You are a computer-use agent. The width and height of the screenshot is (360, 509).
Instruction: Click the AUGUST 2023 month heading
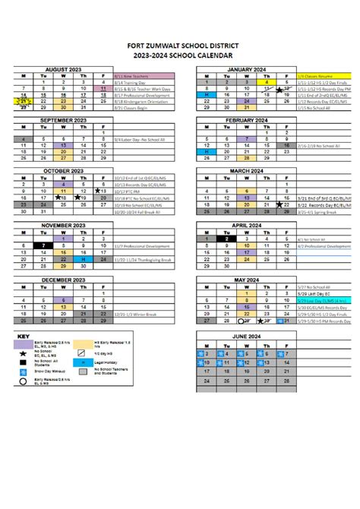pyautogui.click(x=62, y=69)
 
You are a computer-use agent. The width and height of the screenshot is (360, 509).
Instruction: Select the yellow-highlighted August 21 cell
pyautogui.click(x=24, y=100)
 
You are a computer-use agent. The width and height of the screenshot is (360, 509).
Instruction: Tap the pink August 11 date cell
pyautogui.click(x=103, y=88)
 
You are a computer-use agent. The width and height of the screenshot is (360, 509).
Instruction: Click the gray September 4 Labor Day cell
pyautogui.click(x=24, y=139)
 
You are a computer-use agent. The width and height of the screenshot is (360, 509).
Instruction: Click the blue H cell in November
pyautogui.click(x=83, y=258)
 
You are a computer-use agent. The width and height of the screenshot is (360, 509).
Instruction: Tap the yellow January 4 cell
pyautogui.click(x=267, y=82)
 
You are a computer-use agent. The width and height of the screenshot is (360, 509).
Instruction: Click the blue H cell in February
pyautogui.click(x=207, y=151)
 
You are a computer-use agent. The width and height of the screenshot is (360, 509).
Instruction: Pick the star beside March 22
pyautogui.click(x=281, y=204)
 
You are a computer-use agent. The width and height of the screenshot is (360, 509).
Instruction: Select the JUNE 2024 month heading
pyautogui.click(x=245, y=336)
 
